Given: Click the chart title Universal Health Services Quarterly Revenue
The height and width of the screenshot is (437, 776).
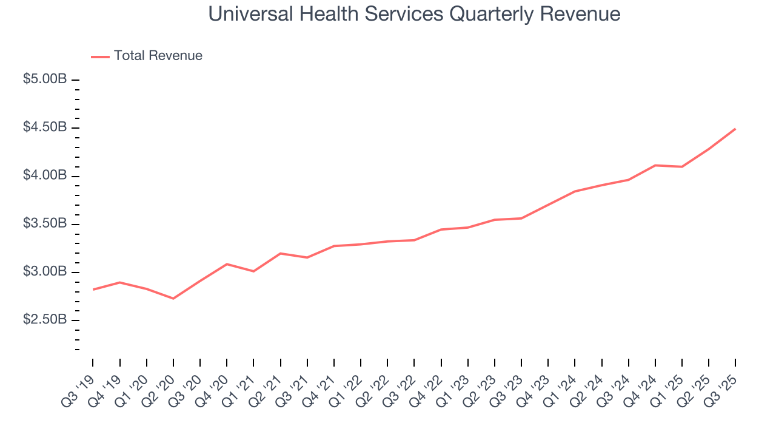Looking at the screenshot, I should point(414,14).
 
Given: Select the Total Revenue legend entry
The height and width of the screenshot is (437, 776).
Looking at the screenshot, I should point(158,56).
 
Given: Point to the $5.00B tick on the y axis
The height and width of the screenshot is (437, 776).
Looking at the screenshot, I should point(75,80).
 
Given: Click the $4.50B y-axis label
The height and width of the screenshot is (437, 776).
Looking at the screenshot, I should point(45,127).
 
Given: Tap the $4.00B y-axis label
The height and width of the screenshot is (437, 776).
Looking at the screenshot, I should point(45,175).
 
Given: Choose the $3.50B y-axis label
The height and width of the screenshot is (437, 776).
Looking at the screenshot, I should point(45,223).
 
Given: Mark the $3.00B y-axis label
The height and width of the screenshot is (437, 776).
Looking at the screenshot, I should point(45,271).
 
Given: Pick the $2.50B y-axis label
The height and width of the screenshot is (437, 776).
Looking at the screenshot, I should point(45,319).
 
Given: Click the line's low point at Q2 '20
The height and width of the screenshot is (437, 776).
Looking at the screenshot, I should point(173,298).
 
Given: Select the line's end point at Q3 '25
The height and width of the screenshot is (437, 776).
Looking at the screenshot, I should point(735,129).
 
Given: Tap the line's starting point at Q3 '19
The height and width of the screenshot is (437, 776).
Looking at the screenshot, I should point(93,290).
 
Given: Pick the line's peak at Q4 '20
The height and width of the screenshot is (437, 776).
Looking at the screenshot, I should point(227,264).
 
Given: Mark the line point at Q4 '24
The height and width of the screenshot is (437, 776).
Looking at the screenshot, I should point(655,165).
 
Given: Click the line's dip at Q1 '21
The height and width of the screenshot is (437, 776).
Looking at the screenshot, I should point(253,271).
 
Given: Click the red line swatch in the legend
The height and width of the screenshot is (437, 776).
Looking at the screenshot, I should point(100,56).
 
